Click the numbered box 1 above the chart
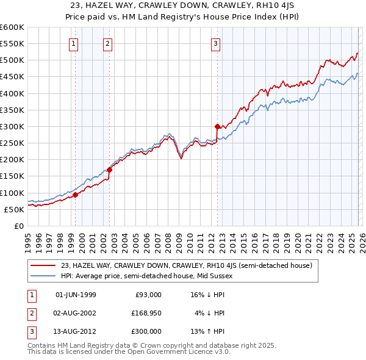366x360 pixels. click(x=73, y=43)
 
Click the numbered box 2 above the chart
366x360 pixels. click(x=107, y=43)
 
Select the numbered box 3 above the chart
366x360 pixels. click(x=215, y=43)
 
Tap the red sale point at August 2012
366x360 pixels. click(x=217, y=126)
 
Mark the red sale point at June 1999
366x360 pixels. click(x=76, y=195)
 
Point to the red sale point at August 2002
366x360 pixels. click(x=110, y=170)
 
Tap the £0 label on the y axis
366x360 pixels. click(x=18, y=226)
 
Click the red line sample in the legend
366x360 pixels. click(x=43, y=265)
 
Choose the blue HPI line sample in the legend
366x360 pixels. click(x=43, y=276)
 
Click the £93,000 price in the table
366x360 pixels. click(x=148, y=295)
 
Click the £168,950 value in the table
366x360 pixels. click(x=146, y=313)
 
